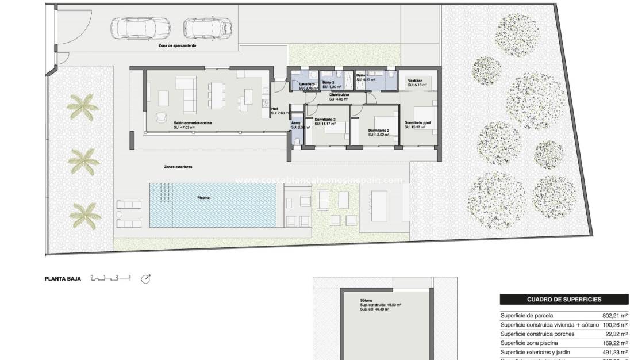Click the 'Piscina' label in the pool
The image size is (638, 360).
point(203,197)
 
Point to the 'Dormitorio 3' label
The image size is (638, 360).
point(325,119)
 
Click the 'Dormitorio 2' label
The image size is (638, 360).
point(379,131)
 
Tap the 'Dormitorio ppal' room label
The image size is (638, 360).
point(417,122)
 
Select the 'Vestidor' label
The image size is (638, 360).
point(415,81)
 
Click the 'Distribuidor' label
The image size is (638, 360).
point(340,95)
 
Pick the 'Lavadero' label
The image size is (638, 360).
point(307,84)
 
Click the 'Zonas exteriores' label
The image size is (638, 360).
point(178,167)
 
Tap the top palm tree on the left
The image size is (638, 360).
point(80,107)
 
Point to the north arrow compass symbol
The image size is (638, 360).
point(145,279)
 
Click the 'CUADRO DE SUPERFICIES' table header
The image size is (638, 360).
point(564,300)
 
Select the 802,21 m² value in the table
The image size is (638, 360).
point(615,316)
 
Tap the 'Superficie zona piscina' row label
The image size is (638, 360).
point(528,343)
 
